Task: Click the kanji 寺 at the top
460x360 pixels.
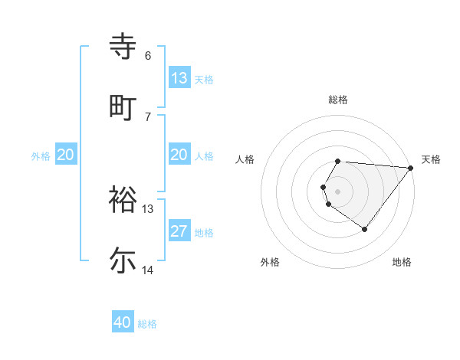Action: (x=123, y=47)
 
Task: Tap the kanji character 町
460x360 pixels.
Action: (x=123, y=106)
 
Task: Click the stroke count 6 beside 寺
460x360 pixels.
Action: (x=148, y=56)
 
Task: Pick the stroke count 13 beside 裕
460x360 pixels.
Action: (x=148, y=208)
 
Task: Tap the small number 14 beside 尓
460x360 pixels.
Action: (x=148, y=270)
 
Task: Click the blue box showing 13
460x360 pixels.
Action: (x=179, y=77)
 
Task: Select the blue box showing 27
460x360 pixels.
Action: (x=179, y=231)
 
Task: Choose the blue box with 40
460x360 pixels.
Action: (x=123, y=322)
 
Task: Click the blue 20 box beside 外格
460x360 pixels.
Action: (x=66, y=155)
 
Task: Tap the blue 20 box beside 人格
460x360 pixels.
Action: (x=179, y=155)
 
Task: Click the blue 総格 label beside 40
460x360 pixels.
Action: (x=147, y=324)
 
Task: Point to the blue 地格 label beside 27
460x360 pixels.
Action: (x=204, y=232)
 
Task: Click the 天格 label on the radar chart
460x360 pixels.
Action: (x=431, y=159)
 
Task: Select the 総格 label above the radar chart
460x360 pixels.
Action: (x=338, y=100)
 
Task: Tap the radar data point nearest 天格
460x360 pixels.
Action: (x=411, y=168)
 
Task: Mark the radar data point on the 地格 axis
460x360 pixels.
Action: (x=364, y=229)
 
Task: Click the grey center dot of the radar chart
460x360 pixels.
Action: (x=338, y=190)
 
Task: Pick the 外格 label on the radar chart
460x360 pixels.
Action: (x=270, y=262)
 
